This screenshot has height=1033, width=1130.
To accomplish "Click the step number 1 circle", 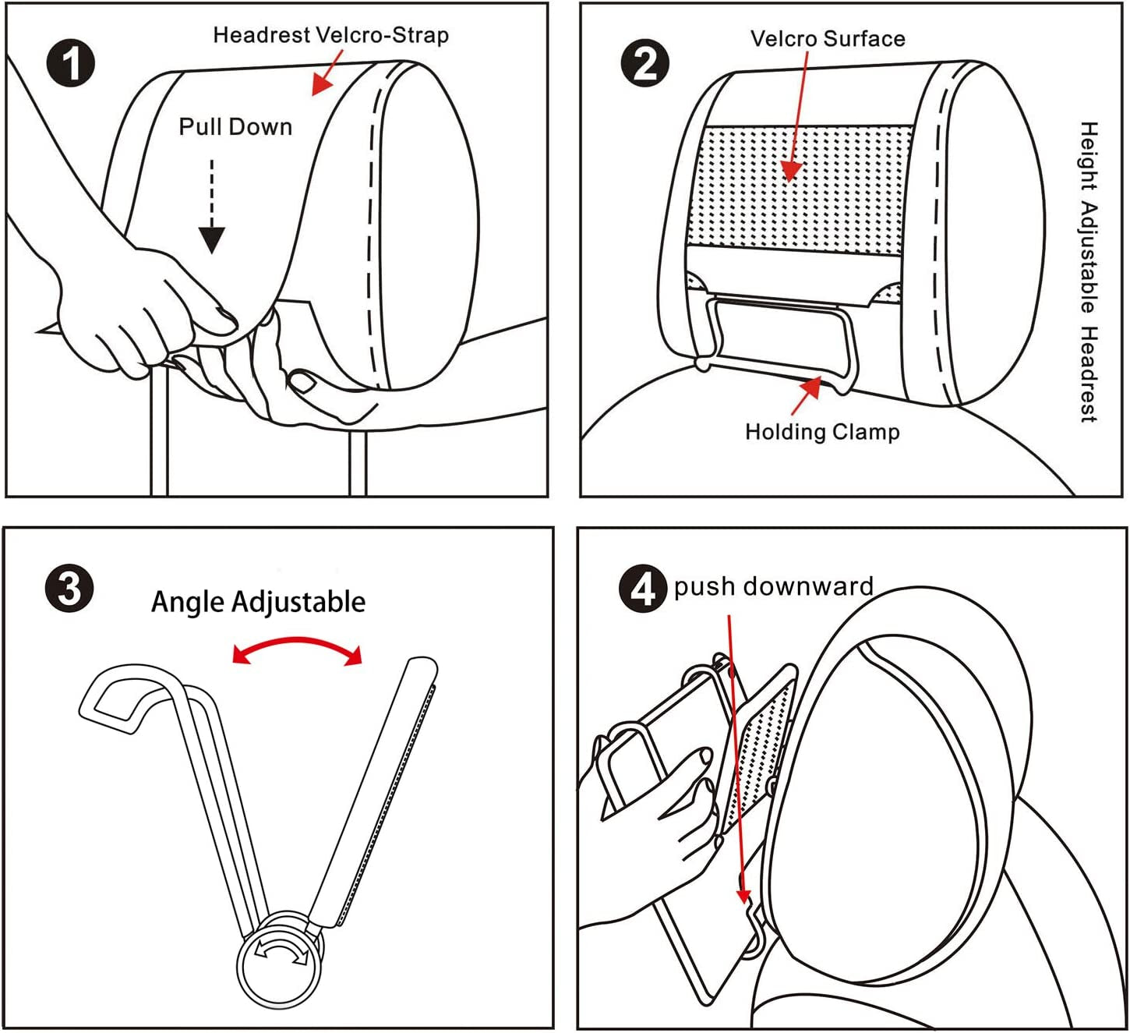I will (x=71, y=62).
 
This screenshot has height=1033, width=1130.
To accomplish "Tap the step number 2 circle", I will (x=644, y=62).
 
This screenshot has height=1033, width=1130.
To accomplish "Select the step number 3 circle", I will (x=69, y=588).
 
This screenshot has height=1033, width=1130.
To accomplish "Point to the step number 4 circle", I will (x=642, y=589).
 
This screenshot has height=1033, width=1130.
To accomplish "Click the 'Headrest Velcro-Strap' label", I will (x=330, y=35).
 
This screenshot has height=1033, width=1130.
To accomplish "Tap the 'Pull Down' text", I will (x=235, y=127).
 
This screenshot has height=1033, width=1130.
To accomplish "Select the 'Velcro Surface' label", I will (x=828, y=39).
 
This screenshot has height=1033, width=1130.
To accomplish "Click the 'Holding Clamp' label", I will (x=822, y=432).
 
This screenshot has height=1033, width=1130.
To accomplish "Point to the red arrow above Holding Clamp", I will (x=807, y=395).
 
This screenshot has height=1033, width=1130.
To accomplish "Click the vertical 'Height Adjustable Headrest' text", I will (x=1089, y=271).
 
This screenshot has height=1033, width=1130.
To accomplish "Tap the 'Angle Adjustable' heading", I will (x=258, y=602).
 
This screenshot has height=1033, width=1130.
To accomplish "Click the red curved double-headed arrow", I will (x=298, y=649).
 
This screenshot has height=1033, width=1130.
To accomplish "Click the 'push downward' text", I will (x=773, y=586).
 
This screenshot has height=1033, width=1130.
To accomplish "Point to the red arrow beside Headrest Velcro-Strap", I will (x=327, y=75).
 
